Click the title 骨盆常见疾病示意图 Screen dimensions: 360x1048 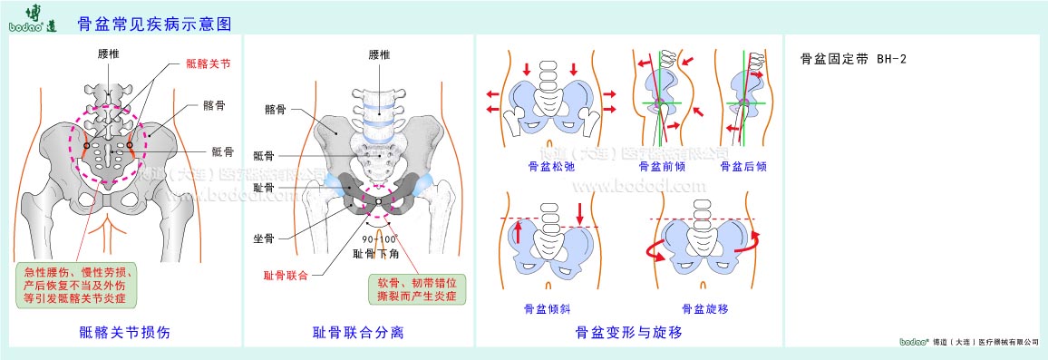tap(155, 24)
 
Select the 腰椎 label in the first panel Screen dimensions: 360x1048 tap(109, 54)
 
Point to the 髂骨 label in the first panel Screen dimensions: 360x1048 tap(215, 105)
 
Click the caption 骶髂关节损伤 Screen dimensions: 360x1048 tap(124, 333)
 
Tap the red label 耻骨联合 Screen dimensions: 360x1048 tap(286, 274)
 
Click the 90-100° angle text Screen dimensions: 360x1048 tap(374, 240)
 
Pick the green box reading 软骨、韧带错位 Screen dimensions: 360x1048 tap(417, 288)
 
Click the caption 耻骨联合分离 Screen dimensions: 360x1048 tap(358, 333)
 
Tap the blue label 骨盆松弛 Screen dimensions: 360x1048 tap(546, 167)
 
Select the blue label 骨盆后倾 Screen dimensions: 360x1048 tap(743, 167)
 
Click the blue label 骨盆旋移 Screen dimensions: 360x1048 tap(704, 308)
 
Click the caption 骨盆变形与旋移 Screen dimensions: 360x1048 tap(628, 333)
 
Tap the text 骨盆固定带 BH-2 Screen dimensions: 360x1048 tap(853, 59)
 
